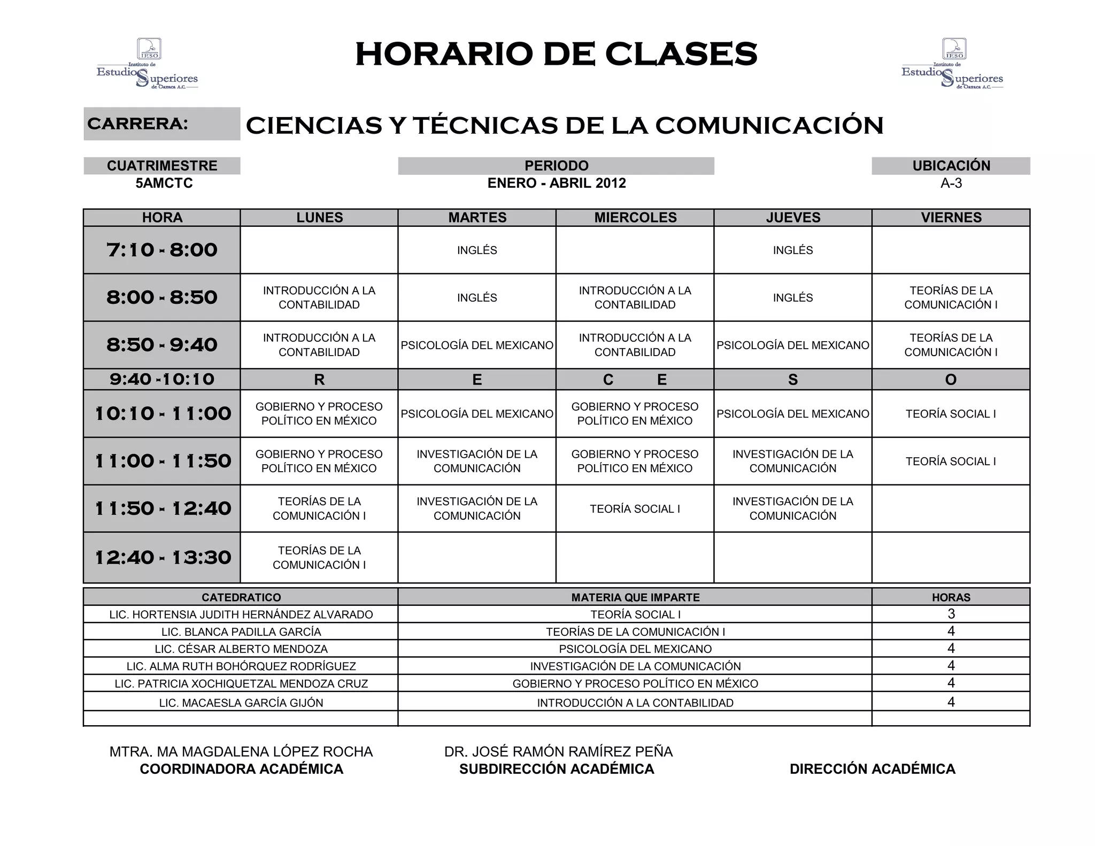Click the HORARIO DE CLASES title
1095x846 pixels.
[x=556, y=54]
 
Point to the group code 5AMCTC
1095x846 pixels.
[x=164, y=183]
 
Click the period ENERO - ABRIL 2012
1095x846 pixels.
[x=556, y=183]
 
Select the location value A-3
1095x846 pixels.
[x=951, y=183]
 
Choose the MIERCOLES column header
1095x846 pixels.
[x=635, y=218]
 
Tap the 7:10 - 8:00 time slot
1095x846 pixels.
[x=161, y=250]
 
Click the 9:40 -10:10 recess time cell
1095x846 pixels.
[x=161, y=379]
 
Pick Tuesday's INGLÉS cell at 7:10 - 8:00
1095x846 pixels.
[x=477, y=250]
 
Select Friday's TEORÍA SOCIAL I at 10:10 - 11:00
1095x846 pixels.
[x=950, y=414]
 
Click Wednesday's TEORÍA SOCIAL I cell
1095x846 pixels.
[x=635, y=509]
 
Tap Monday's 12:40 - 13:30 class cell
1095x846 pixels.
[x=319, y=557]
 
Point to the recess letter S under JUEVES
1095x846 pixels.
[x=792, y=380]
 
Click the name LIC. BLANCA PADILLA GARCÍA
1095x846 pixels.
[x=241, y=632]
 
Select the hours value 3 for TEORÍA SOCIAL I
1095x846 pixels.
[x=951, y=614]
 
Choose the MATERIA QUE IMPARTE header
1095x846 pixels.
[x=635, y=597]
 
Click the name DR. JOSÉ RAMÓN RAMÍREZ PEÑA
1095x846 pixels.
[x=558, y=751]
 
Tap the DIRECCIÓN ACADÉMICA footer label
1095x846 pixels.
[x=872, y=769]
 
